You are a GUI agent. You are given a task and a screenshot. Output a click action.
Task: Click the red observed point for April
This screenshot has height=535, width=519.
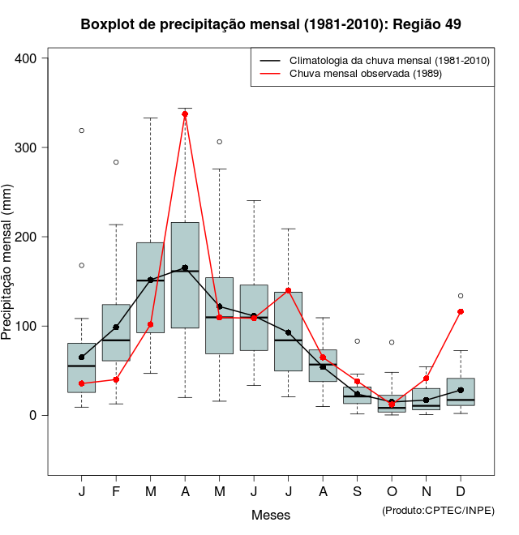[185, 114]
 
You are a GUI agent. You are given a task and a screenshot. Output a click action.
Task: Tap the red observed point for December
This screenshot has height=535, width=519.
[461, 311]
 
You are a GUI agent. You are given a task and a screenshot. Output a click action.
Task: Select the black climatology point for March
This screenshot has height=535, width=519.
[151, 280]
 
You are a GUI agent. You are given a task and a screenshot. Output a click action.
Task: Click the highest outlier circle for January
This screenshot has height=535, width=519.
[82, 131]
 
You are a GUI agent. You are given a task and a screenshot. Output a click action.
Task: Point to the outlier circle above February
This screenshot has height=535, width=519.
[116, 162]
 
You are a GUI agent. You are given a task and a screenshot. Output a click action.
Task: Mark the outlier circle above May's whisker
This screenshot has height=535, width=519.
[219, 142]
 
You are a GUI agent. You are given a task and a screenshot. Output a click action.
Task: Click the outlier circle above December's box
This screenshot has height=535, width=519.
[461, 296]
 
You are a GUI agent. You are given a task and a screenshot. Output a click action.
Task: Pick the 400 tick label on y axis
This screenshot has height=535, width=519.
[26, 58]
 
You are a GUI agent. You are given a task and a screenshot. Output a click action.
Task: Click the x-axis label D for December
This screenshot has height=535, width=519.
[461, 492]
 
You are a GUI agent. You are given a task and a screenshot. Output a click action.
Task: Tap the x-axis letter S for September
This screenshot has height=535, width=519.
[357, 492]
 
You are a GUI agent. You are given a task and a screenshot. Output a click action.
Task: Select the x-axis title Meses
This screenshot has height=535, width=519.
[271, 515]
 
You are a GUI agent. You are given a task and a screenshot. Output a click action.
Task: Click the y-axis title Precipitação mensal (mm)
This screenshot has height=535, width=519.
[9, 261]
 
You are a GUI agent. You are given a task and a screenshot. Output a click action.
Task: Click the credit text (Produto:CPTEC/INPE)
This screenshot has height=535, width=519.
[438, 510]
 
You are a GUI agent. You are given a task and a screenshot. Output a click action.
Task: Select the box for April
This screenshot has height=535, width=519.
[185, 276]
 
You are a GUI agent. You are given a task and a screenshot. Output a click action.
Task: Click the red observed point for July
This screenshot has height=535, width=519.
[288, 290]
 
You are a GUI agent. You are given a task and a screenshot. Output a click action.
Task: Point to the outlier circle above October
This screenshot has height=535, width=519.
[392, 343]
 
